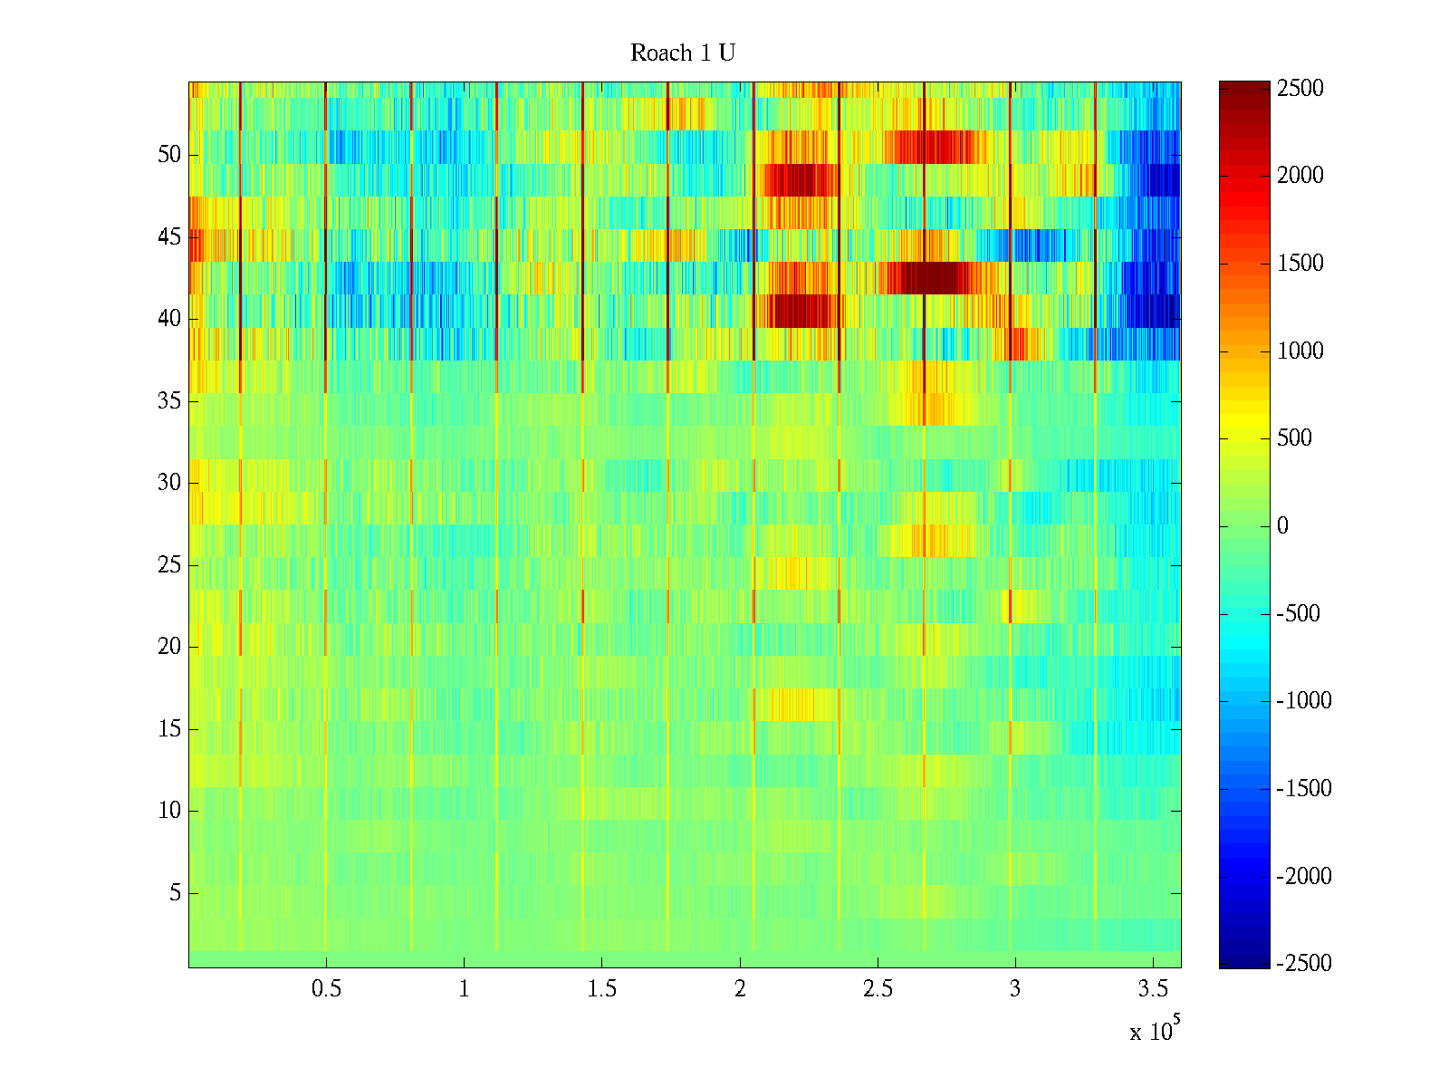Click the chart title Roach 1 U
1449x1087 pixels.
click(682, 53)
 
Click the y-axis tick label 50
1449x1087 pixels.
click(169, 155)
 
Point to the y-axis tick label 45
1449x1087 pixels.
click(169, 237)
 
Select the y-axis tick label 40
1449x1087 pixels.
click(169, 319)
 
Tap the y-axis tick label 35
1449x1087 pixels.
click(169, 401)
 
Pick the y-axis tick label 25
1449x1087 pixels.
click(169, 565)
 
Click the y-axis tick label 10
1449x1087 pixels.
click(169, 811)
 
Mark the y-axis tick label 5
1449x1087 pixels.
click(175, 893)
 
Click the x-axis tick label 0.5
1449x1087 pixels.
click(326, 989)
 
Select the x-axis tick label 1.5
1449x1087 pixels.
click(602, 989)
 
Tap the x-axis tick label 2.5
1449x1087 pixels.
click(878, 989)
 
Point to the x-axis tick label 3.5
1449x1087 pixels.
click(1153, 989)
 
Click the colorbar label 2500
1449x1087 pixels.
click(1300, 89)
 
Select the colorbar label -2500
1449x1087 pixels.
click(1304, 964)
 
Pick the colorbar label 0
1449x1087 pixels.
click(1282, 526)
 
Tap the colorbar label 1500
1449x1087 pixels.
click(1300, 264)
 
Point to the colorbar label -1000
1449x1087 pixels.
click(1304, 701)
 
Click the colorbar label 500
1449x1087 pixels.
click(1295, 438)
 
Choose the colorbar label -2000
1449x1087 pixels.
click(1304, 876)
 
